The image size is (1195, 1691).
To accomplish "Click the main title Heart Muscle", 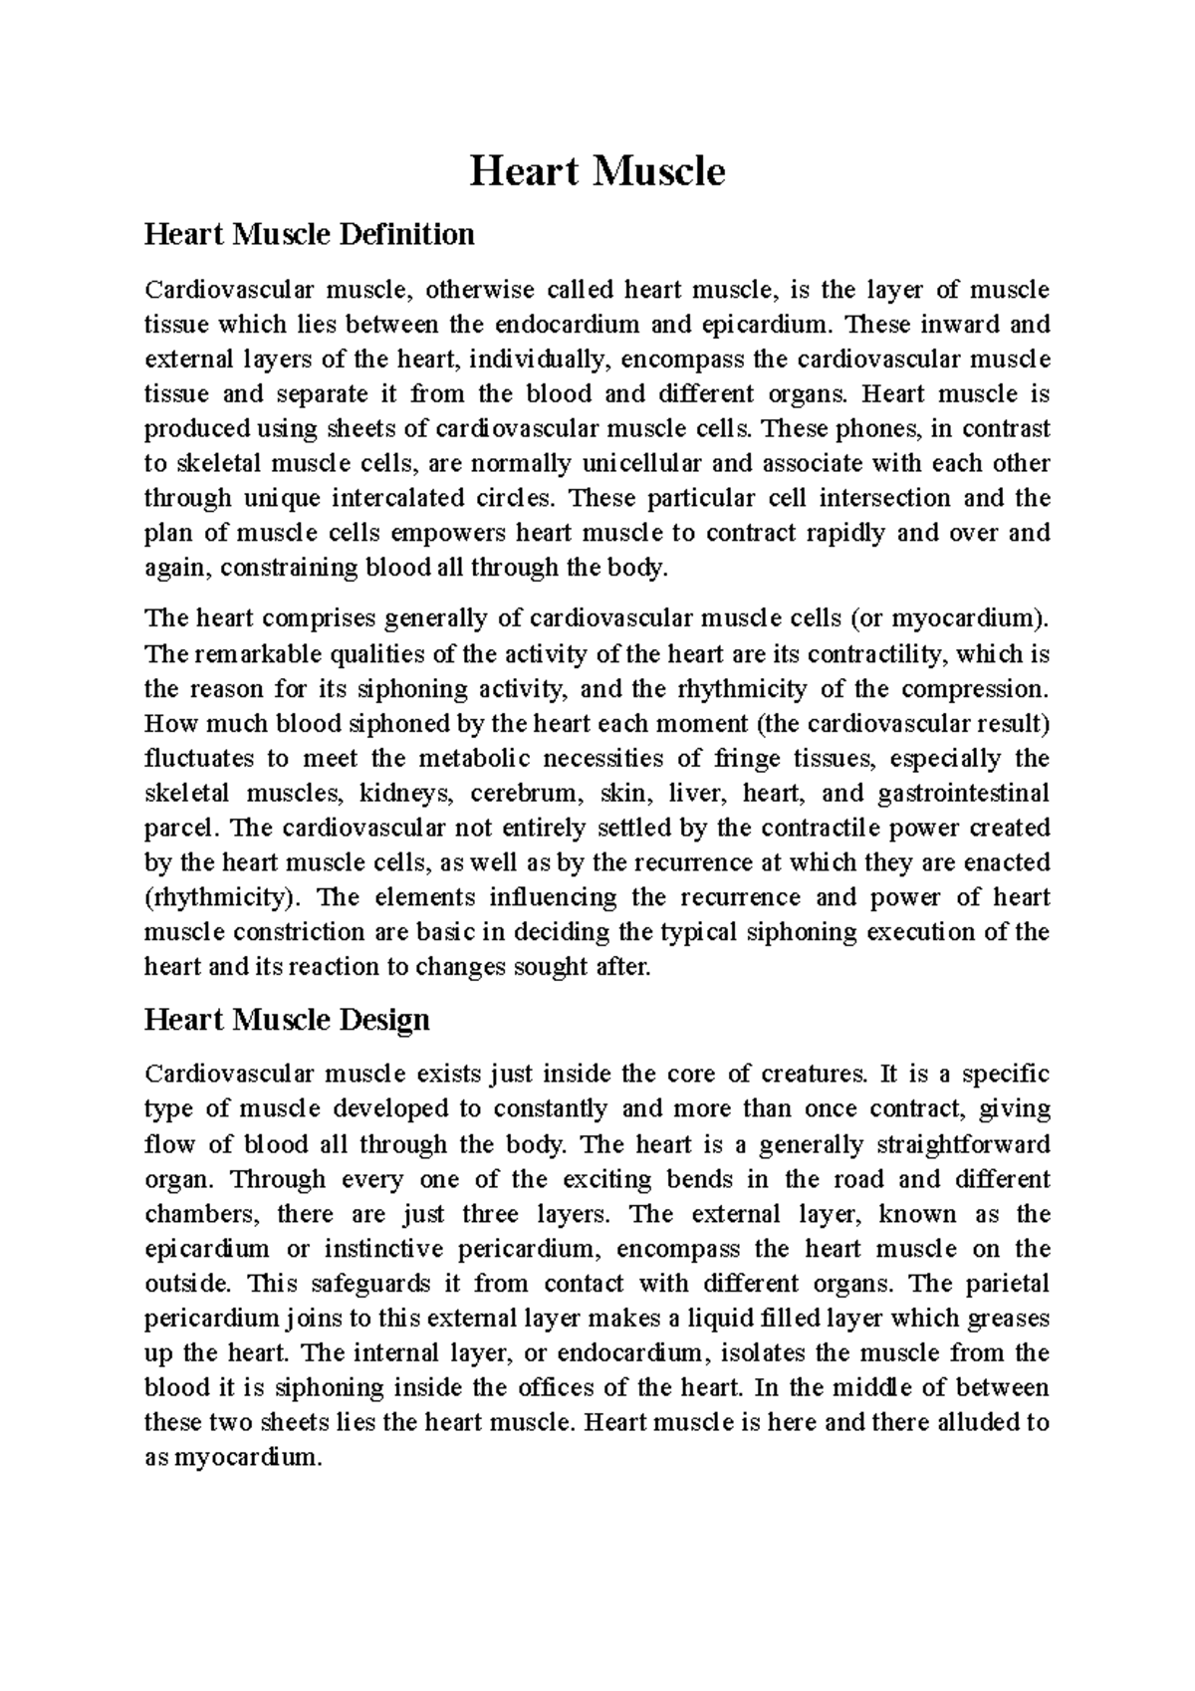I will click(597, 171).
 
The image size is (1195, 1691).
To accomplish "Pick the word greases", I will click(1009, 1319).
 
